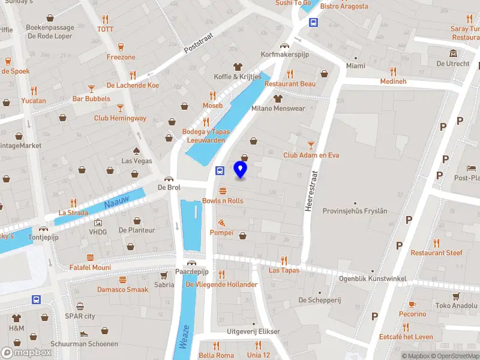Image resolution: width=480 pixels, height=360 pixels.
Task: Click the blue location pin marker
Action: [241, 170]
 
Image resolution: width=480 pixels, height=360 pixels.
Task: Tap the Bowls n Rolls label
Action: [223, 200]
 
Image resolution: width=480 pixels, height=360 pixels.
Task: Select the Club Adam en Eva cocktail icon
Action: [311, 145]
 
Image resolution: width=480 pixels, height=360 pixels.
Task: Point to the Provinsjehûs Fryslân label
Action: [355, 211]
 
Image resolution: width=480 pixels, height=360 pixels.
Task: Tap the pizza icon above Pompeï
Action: [222, 222]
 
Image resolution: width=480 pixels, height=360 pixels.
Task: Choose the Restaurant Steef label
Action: [436, 253]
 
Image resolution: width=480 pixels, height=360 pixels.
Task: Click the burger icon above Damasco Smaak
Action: [123, 279]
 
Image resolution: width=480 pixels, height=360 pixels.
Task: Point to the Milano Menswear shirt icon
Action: [277, 98]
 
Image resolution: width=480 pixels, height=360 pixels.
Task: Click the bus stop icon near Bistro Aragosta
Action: [313, 22]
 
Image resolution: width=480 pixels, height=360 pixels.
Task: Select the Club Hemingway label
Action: [120, 118]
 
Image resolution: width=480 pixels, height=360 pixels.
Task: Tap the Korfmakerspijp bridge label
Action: [284, 55]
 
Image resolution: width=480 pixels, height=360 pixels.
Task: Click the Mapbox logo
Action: [26, 352]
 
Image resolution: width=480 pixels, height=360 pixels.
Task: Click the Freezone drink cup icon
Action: [121, 47]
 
